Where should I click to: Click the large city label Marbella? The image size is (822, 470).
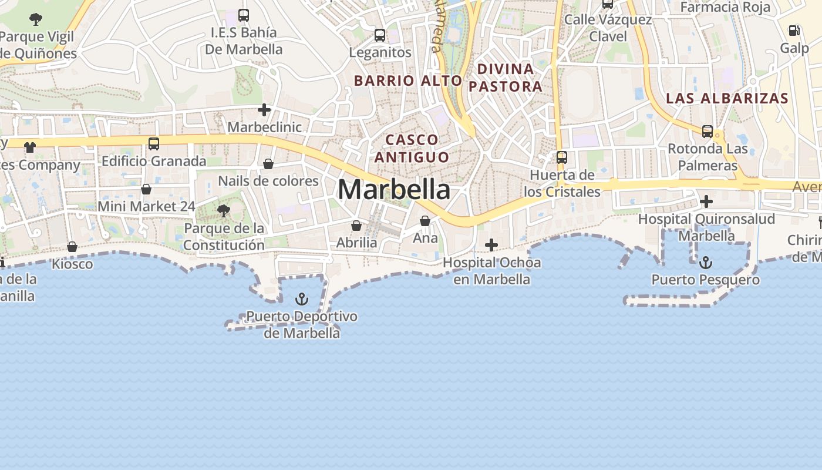tap(394, 190)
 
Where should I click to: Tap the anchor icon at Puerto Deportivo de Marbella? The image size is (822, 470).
tap(301, 300)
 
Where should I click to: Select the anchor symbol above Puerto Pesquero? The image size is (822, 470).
tap(706, 263)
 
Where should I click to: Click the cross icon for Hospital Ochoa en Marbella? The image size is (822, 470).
tap(491, 244)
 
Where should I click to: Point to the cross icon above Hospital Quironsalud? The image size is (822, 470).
tap(706, 202)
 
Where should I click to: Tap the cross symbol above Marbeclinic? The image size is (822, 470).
tap(264, 110)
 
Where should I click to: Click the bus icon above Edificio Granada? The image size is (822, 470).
tap(154, 143)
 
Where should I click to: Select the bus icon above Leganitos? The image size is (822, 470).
tap(380, 35)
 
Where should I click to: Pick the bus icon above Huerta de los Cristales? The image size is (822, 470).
tap(562, 157)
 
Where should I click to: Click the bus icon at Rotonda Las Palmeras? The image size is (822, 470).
tap(708, 132)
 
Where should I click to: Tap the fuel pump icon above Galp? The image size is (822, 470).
tap(794, 31)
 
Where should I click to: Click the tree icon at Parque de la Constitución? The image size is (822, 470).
tap(223, 211)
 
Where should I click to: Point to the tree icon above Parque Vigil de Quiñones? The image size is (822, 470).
tap(36, 19)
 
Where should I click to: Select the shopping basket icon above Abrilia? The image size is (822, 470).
tap(356, 226)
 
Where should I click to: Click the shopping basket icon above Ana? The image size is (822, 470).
tap(425, 221)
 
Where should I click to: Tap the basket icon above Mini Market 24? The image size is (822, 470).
tap(146, 189)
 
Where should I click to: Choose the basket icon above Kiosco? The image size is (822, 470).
tap(72, 247)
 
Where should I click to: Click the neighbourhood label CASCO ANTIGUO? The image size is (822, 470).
tap(412, 148)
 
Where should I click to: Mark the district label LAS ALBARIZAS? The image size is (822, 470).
tap(727, 98)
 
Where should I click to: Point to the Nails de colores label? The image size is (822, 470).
tap(268, 181)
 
